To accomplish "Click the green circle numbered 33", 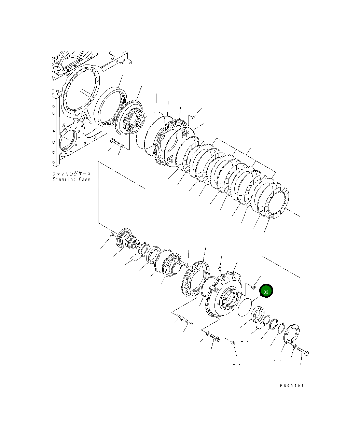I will pos(266,291).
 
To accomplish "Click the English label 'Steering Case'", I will pos(71,179).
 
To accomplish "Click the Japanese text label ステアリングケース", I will pos(71,173).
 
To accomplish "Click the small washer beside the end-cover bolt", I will pos(294,347).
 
